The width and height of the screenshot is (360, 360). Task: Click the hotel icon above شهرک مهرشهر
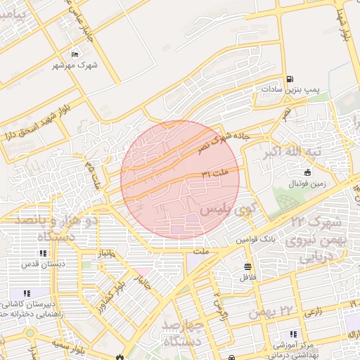[x=75, y=55]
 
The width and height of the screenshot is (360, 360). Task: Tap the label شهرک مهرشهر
[x=75, y=66]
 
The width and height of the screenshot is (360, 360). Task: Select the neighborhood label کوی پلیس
[x=226, y=210]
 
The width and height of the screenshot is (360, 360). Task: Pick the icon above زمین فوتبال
[x=307, y=173]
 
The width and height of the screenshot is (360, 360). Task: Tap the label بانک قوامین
[x=252, y=239]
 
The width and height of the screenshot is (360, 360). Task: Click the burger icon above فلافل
[x=247, y=266]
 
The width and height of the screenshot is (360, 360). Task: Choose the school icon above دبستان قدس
[x=43, y=253]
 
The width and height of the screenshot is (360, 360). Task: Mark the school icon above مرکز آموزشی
[x=294, y=334]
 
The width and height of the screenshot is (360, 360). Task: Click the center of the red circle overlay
[x=180, y=180]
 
